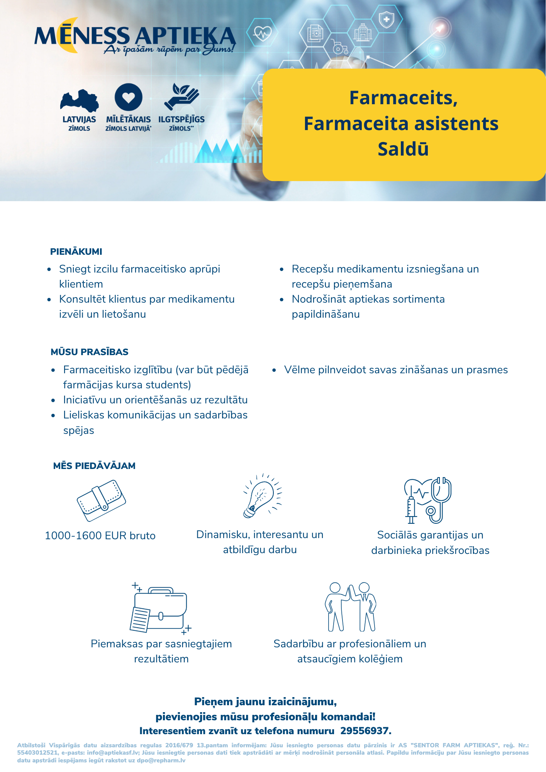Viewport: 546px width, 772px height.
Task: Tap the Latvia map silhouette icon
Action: pyautogui.click(x=79, y=101)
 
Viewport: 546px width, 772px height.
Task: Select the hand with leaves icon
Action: pyautogui.click(x=181, y=97)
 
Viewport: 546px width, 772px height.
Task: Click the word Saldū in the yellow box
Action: pyautogui.click(x=403, y=149)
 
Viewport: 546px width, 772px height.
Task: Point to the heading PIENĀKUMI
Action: pyautogui.click(x=76, y=252)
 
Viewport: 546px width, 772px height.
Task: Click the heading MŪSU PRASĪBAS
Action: pyautogui.click(x=90, y=352)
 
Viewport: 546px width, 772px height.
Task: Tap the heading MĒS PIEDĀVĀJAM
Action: pyautogui.click(x=94, y=466)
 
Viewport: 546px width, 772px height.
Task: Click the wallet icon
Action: pyautogui.click(x=101, y=500)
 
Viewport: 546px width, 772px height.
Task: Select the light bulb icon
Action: pyautogui.click(x=262, y=496)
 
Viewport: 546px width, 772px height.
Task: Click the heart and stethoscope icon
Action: pyautogui.click(x=428, y=500)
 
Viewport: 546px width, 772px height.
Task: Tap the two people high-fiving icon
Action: pyautogui.click(x=350, y=607)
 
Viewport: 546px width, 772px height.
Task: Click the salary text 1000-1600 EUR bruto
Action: pyautogui.click(x=100, y=536)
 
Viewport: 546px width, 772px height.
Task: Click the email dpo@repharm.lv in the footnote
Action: pyautogui.click(x=161, y=760)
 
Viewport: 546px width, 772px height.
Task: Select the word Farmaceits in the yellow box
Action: pyautogui.click(x=403, y=98)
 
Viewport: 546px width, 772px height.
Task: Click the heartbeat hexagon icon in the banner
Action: pyautogui.click(x=262, y=33)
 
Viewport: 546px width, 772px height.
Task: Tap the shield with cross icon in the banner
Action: pyautogui.click(x=386, y=19)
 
